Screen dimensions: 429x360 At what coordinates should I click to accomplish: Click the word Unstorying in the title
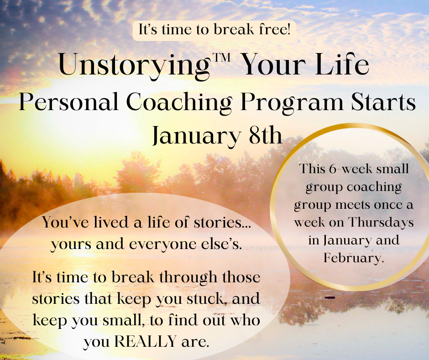coord(134,66)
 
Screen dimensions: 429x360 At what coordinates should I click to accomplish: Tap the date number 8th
coord(265,135)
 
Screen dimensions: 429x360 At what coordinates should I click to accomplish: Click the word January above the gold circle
coord(196,136)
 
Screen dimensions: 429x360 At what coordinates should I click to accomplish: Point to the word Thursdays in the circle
coord(381,222)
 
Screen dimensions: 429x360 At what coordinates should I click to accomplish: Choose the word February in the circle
coord(354,258)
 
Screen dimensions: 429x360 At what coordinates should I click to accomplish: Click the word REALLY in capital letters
coord(145,341)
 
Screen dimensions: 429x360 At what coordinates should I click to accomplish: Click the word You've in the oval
coord(66,222)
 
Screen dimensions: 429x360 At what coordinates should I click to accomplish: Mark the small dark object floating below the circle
coord(330,297)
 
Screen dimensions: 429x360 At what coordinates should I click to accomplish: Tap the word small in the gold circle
coord(392,169)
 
